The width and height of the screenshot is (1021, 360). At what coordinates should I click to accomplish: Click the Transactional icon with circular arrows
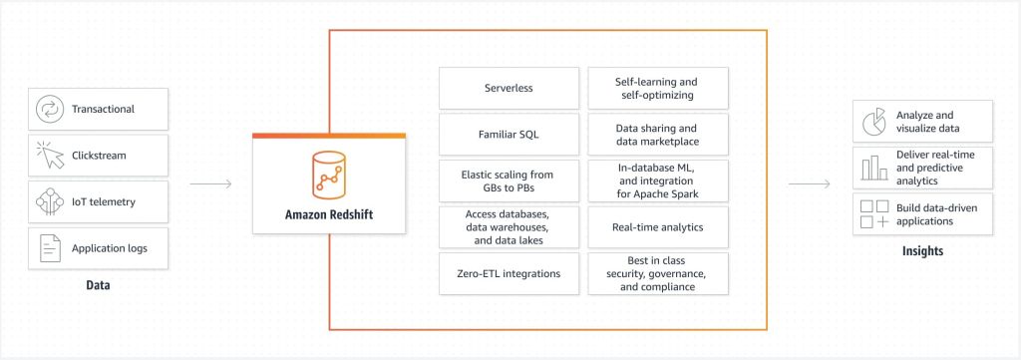pos(49,109)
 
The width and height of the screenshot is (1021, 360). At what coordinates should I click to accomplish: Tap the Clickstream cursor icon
pos(49,156)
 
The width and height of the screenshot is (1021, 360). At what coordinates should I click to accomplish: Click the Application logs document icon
pos(49,247)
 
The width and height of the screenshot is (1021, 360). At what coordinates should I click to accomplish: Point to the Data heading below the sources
pos(97,286)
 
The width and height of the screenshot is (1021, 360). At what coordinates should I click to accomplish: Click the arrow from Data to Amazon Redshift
pos(209,183)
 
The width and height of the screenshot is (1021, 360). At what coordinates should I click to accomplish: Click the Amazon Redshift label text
pos(328,212)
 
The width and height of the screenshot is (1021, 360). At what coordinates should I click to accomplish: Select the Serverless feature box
pos(509,88)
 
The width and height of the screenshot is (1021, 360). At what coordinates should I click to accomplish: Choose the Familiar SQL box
pos(509,134)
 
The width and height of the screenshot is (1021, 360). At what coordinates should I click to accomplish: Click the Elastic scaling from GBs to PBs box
pos(509,180)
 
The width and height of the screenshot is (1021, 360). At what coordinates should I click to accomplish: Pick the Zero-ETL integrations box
pos(509,273)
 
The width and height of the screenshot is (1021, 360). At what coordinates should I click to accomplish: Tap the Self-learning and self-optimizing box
pos(657,88)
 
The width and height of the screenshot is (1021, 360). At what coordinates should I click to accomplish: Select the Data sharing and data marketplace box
pos(657,134)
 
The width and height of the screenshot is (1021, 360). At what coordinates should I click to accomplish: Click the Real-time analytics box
pos(657,227)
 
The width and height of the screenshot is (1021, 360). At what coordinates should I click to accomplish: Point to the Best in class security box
pos(657,273)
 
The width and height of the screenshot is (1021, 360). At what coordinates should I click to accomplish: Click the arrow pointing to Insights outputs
pos(809,183)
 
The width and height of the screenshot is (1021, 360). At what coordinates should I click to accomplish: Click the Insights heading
pos(922,251)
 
